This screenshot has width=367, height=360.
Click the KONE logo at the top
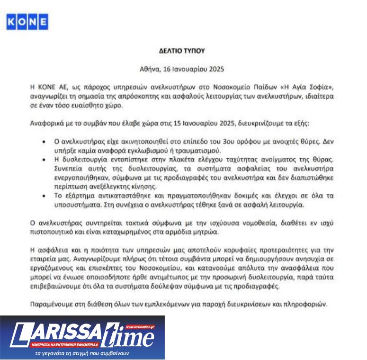click(x=27, y=21)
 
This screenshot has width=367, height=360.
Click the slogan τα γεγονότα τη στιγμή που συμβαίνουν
click(x=82, y=353)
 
